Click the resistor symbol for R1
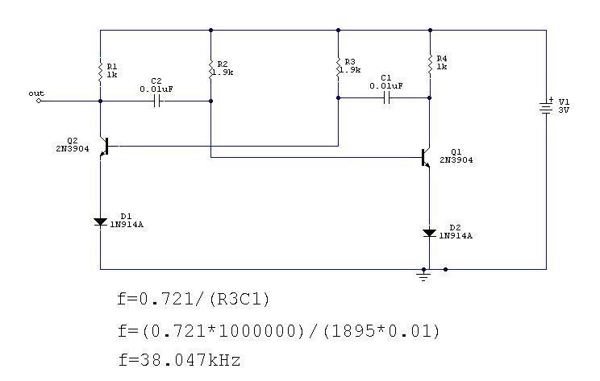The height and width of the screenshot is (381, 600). point(100,71)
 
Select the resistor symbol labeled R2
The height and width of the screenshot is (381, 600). point(210,68)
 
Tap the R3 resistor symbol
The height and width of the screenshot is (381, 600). point(338,68)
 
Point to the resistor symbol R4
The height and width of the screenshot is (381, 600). point(430,64)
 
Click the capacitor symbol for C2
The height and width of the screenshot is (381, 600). point(156,101)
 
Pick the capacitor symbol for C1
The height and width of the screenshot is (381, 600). point(386,98)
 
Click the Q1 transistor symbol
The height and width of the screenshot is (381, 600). point(426,157)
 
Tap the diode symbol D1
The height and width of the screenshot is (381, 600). point(100,222)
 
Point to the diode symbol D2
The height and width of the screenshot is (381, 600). point(429,233)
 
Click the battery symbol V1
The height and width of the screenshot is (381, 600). point(546,106)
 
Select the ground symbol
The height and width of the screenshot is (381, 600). point(423,275)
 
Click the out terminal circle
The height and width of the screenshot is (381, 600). point(38,101)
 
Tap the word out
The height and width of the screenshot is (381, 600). point(36,93)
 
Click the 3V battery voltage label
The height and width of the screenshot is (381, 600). point(564,110)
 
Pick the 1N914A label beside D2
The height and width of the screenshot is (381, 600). point(456,236)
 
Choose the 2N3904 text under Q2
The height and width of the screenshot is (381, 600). point(73,149)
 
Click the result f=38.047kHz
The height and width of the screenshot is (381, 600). point(179,360)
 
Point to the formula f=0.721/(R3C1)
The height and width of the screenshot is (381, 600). point(194,299)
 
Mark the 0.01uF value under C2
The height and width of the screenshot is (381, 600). point(156,89)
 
